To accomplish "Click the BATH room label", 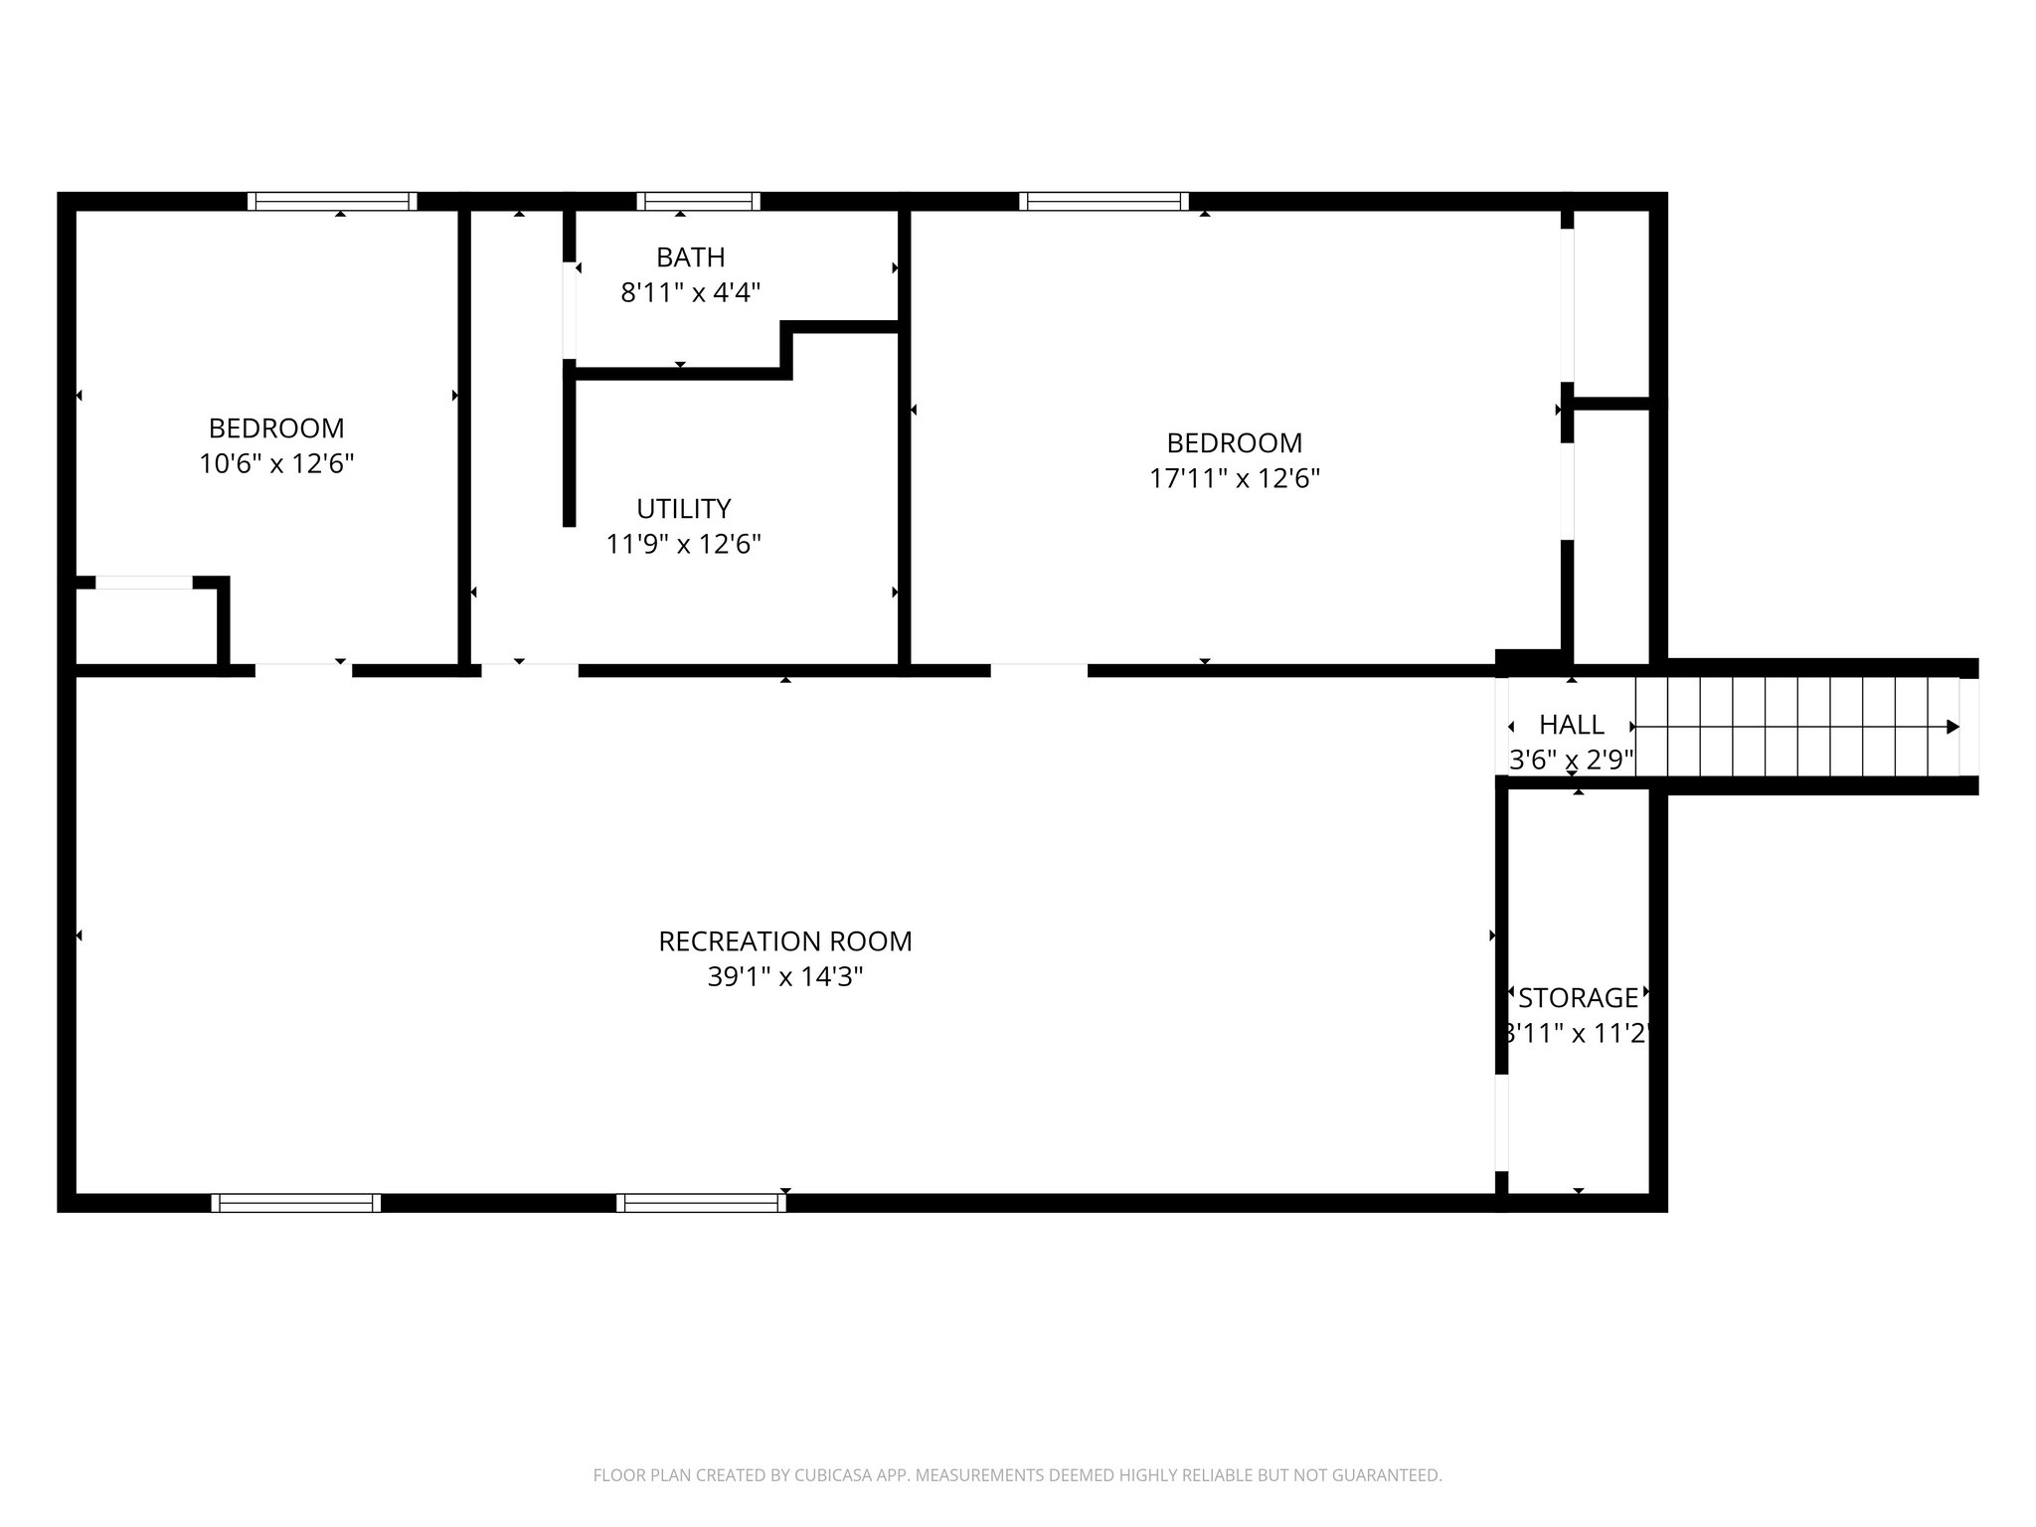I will (690, 257).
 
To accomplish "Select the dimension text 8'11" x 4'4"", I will (690, 293).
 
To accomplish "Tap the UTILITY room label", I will (683, 509).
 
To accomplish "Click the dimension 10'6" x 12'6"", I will (276, 464).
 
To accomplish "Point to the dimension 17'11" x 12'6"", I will (1234, 479).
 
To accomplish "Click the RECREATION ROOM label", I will (784, 941).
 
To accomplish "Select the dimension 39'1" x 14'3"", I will (784, 977).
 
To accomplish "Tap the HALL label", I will (1571, 725).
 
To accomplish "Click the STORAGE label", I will (1578, 998).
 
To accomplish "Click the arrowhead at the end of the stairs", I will (1952, 727).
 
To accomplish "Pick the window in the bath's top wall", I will (698, 202).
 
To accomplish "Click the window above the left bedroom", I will (332, 202).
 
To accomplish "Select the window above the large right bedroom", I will (1103, 202).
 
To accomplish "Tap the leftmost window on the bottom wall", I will (295, 1203).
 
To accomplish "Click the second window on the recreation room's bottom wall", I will (701, 1203).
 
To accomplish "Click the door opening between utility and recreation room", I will (529, 670).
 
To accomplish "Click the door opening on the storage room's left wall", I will (1501, 1123).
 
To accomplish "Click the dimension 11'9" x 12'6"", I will (683, 545).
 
